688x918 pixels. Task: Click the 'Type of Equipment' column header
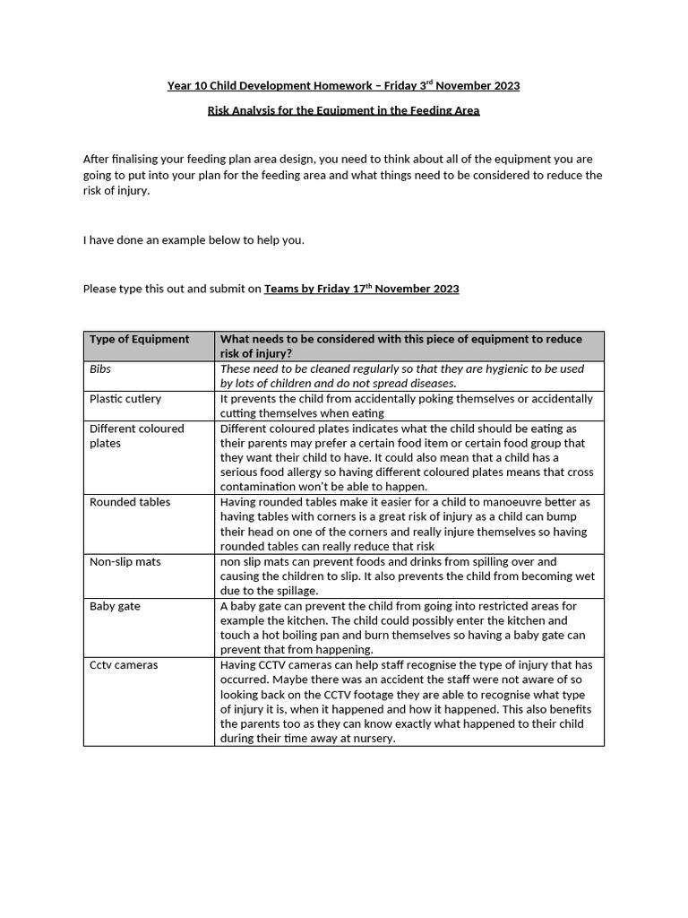(139, 339)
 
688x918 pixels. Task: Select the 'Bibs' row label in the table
(100, 368)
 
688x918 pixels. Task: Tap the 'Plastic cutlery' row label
(125, 398)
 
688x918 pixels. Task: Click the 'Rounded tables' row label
(130, 502)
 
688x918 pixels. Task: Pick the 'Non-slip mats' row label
(125, 561)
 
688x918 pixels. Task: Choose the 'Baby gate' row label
(115, 606)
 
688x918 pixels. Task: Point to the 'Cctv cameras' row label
(124, 665)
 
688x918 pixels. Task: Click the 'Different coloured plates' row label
(136, 436)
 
